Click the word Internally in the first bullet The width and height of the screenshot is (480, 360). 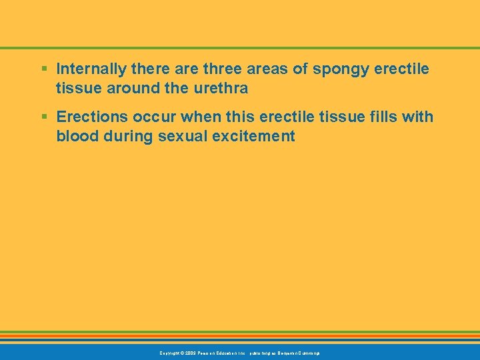pos(88,69)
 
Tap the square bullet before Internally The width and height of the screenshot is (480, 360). pos(43,69)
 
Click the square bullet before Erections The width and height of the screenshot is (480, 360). pos(43,117)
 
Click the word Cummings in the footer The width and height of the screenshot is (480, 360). pos(306,352)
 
